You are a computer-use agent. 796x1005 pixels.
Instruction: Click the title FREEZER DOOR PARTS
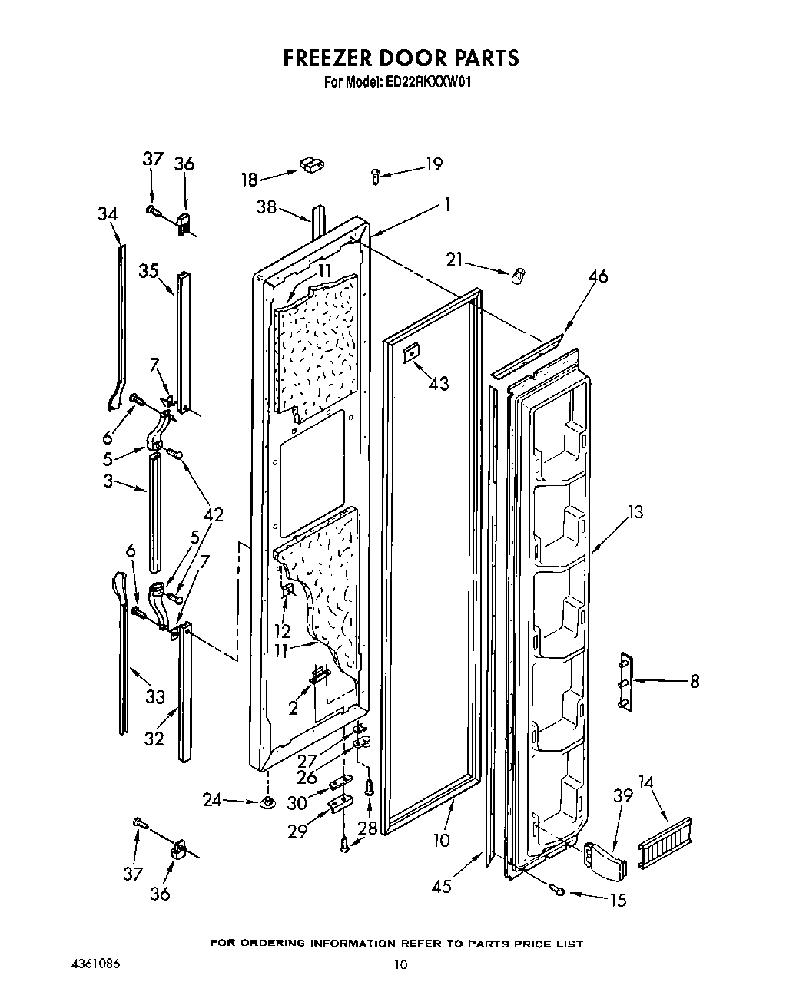(x=400, y=58)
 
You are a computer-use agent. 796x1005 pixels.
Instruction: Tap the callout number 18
(x=250, y=180)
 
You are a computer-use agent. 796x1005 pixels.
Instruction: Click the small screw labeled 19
(x=375, y=176)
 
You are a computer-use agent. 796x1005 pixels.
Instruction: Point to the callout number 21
(x=455, y=260)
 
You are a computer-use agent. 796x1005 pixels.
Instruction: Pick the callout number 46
(x=597, y=275)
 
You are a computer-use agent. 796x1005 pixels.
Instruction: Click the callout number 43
(x=439, y=383)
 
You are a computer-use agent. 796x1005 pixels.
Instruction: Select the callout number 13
(x=635, y=512)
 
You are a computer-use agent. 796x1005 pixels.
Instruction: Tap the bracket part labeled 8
(x=625, y=682)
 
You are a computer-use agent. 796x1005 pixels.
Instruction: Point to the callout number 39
(x=622, y=795)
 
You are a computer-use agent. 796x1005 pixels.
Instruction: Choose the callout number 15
(x=618, y=900)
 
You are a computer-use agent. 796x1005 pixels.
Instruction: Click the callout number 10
(x=441, y=840)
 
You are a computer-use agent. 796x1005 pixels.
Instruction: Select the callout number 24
(x=212, y=800)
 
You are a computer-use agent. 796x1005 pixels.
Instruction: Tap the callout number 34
(x=108, y=214)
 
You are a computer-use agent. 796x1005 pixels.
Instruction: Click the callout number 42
(x=213, y=514)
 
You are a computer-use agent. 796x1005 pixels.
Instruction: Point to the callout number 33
(x=156, y=697)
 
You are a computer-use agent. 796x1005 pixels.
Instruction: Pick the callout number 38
(x=267, y=207)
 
